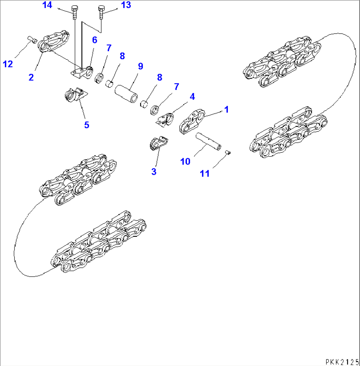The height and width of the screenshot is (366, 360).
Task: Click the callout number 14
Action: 48,5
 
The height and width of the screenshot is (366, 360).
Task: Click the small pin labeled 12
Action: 31,40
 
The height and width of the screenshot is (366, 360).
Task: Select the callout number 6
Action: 94,40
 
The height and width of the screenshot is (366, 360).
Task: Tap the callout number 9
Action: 140,66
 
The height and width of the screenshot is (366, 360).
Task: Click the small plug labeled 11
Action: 227,152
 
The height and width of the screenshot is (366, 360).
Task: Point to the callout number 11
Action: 205,173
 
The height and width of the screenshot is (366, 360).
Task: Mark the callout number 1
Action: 227,109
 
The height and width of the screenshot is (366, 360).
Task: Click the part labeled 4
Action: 167,120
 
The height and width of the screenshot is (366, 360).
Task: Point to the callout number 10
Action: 185,161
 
